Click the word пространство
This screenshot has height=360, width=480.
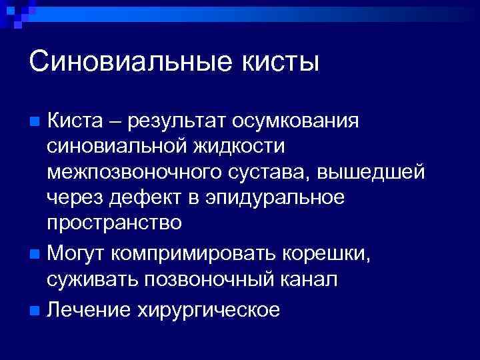[114, 222]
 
